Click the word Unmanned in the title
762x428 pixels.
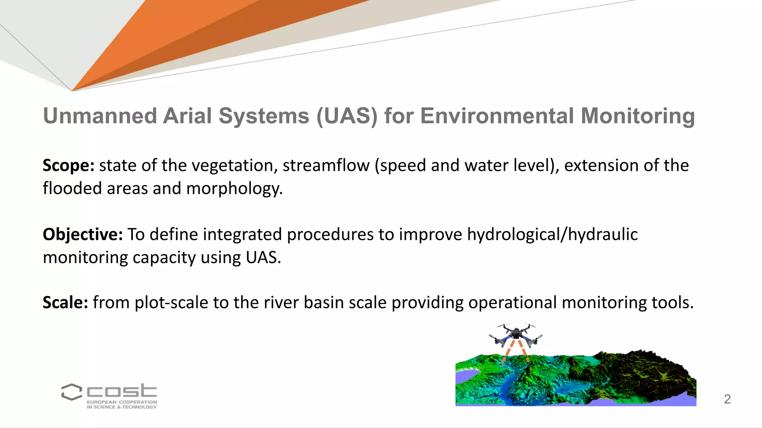coord(100,116)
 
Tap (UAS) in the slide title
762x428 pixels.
coord(347,116)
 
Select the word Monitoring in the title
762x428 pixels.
coord(638,116)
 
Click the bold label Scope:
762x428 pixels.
coord(68,166)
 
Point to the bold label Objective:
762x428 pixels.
coord(83,235)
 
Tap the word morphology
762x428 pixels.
coord(234,189)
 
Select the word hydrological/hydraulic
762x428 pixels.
coord(552,235)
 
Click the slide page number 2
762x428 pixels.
coord(727,399)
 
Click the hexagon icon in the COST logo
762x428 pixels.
coord(71,392)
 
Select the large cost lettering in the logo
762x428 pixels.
coord(122,391)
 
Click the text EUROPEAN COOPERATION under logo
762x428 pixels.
coord(122,402)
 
